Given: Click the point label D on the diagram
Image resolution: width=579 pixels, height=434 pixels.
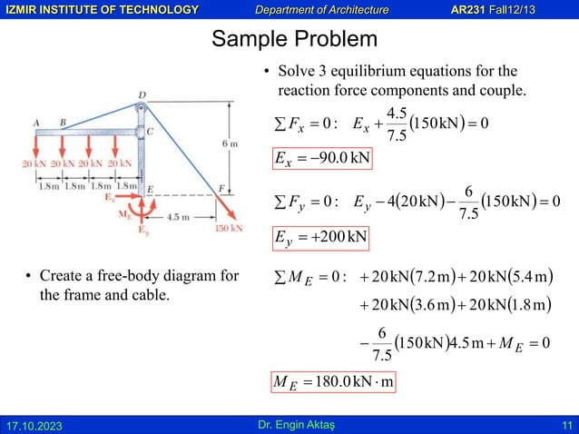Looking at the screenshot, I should [141, 94].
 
